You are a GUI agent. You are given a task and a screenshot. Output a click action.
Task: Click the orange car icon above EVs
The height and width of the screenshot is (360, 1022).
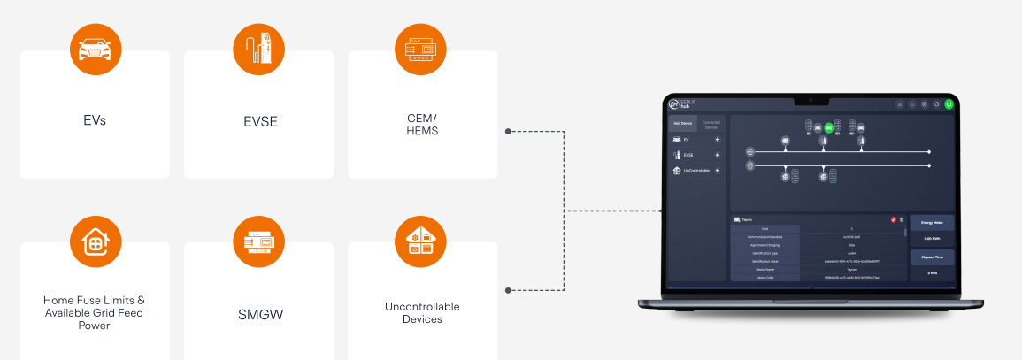point(95,50)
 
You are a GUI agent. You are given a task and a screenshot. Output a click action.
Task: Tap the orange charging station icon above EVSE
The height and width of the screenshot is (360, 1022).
point(258,50)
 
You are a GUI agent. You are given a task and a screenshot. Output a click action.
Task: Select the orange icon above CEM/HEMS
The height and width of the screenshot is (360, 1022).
point(422,50)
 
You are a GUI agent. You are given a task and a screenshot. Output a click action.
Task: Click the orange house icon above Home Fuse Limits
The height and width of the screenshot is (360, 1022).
point(95,241)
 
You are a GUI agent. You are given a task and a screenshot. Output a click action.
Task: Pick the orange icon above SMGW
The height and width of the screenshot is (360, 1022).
point(258,241)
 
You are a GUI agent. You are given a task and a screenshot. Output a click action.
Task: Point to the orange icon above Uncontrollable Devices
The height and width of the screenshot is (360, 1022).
point(422,241)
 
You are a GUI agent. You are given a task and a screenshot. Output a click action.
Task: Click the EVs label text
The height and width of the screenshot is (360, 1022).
point(94,120)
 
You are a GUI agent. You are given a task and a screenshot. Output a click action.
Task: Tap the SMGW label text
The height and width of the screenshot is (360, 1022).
point(258,312)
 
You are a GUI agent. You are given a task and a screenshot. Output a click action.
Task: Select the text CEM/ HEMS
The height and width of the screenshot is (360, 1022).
point(422,124)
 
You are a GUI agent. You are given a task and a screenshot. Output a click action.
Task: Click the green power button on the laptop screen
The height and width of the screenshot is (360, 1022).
point(949,103)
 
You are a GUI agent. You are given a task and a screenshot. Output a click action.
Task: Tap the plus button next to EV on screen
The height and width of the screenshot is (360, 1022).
point(718,140)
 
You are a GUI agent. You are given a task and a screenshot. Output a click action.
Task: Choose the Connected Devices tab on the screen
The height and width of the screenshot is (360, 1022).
point(711,125)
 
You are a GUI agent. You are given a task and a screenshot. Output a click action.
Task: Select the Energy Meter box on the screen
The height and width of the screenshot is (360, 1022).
point(932,231)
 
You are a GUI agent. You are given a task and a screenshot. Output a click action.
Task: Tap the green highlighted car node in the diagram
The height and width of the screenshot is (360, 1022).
point(829,127)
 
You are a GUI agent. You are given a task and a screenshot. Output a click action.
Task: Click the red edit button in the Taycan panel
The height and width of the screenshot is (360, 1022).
point(894,219)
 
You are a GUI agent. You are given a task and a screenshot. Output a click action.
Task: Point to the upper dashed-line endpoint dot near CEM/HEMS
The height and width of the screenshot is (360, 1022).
point(508,132)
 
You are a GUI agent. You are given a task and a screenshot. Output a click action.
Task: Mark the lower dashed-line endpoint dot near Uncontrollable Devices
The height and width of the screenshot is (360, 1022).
point(508,290)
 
